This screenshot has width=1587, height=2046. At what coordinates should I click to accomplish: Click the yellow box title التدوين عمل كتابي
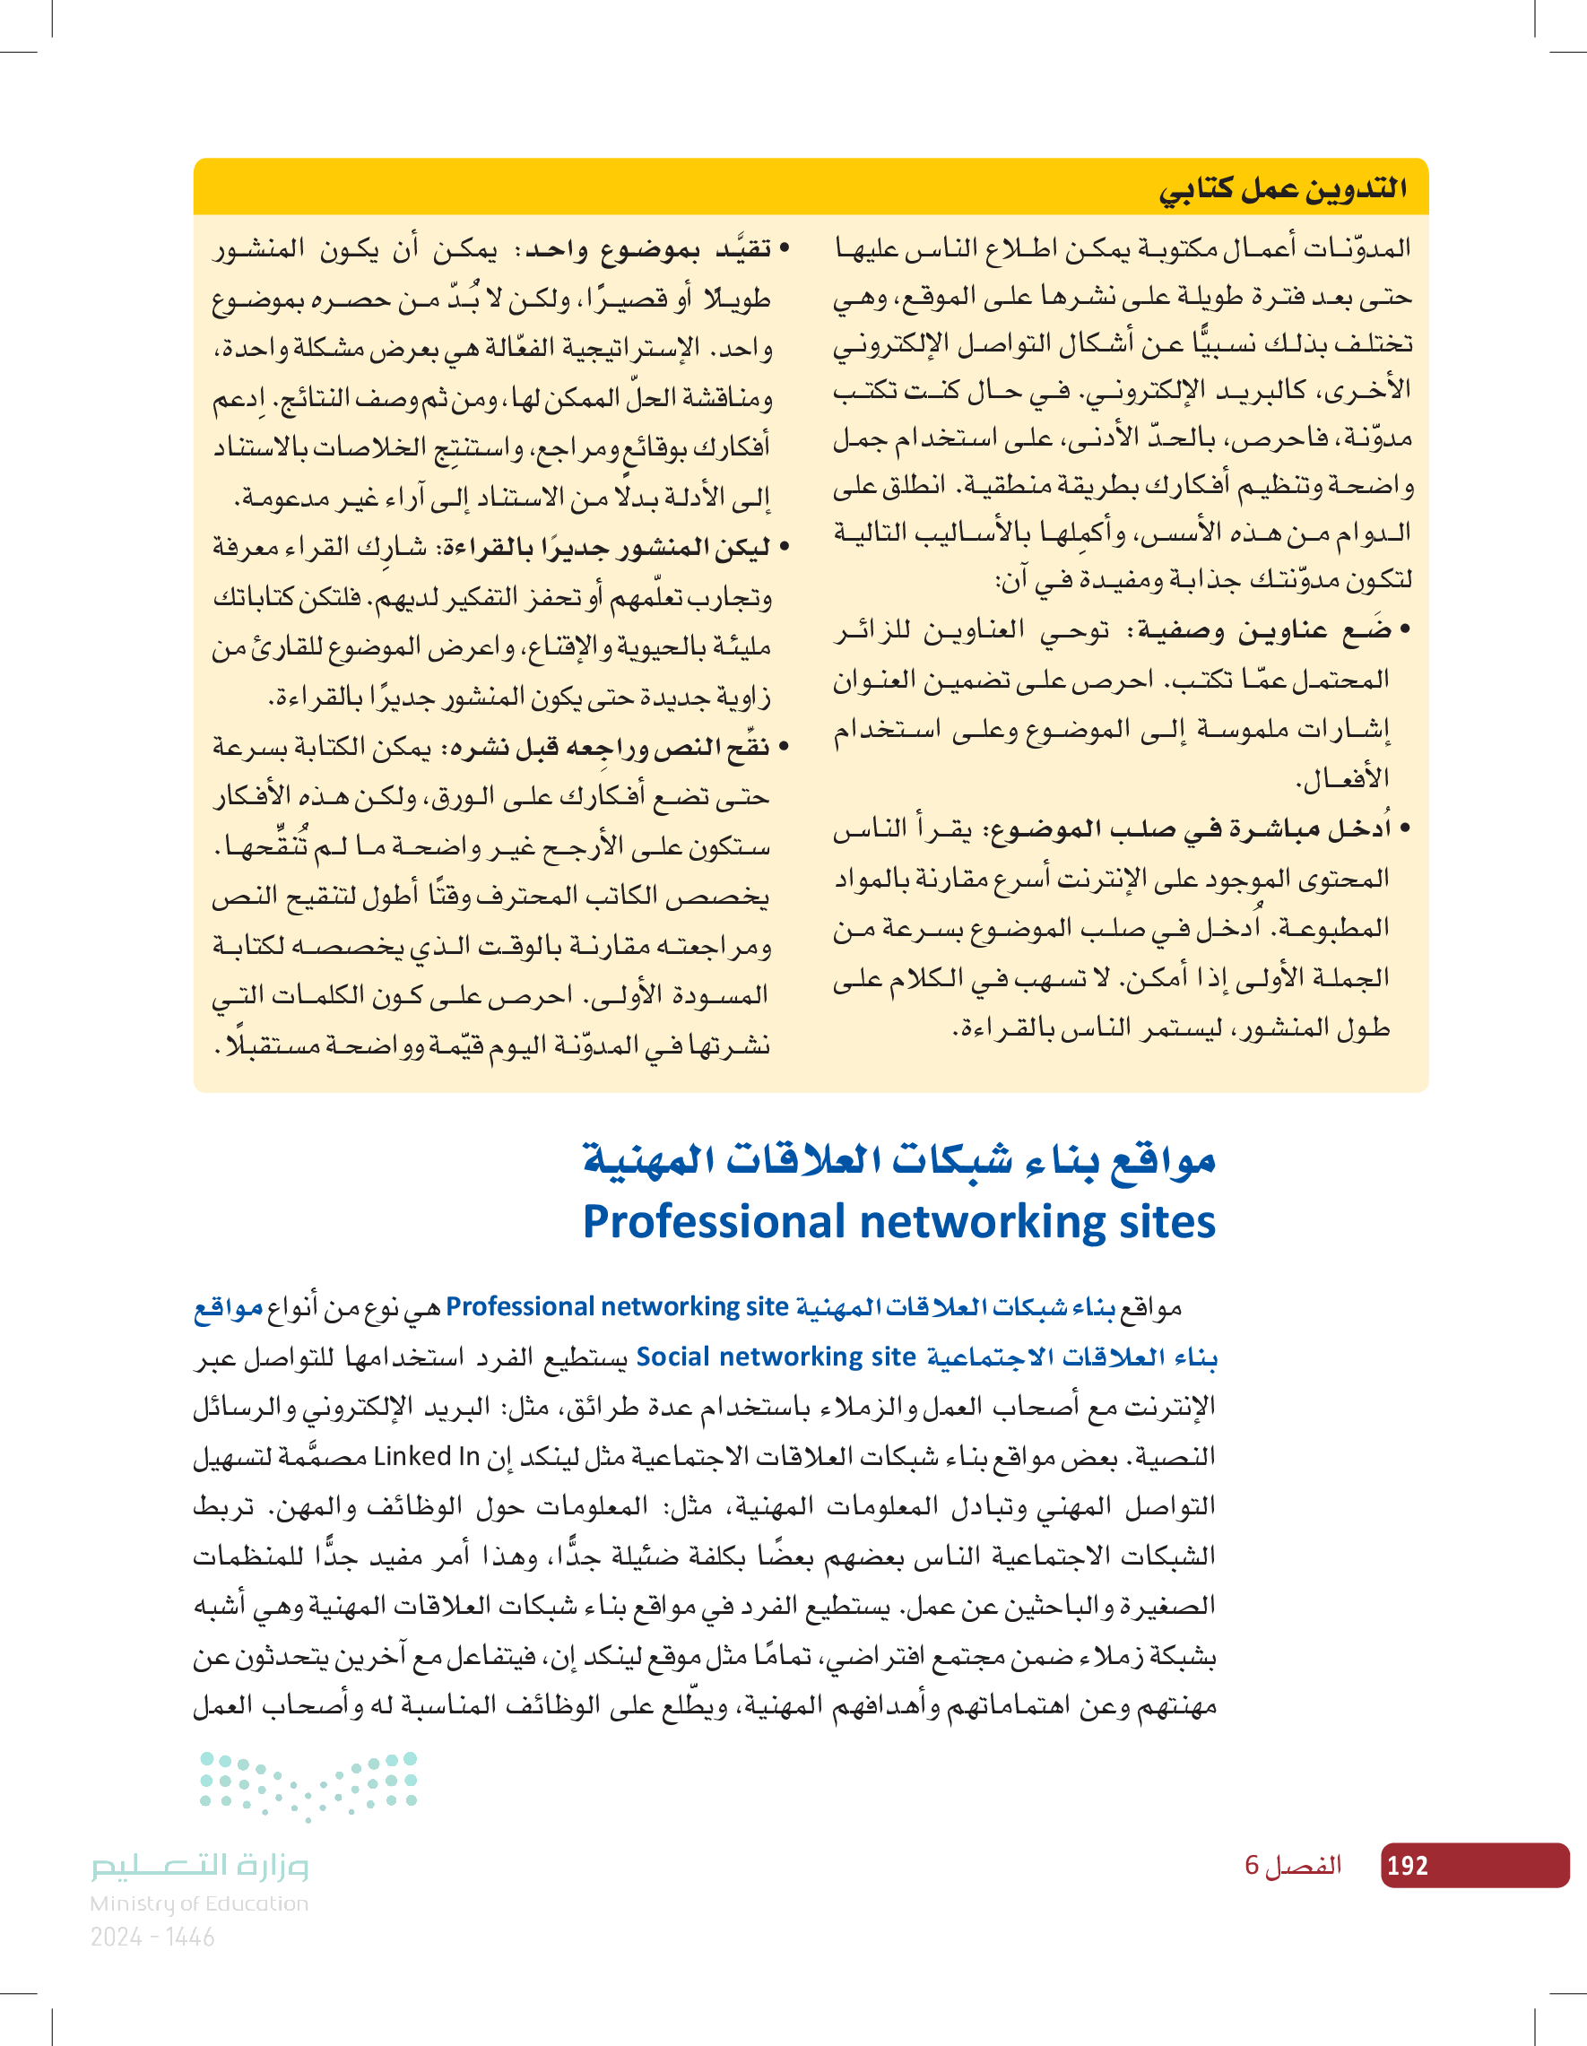pyautogui.click(x=1282, y=188)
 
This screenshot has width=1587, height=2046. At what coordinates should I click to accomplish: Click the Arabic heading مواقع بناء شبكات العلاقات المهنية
pyautogui.click(x=898, y=1160)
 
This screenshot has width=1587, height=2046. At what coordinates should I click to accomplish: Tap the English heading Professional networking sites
pyautogui.click(x=898, y=1222)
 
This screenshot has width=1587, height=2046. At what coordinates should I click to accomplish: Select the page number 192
pyautogui.click(x=1407, y=1865)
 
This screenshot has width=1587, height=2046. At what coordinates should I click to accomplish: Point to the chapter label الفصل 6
pyautogui.click(x=1293, y=1865)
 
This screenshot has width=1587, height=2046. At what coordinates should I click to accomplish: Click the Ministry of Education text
pyautogui.click(x=199, y=1903)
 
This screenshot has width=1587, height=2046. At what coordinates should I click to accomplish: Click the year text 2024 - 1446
pyautogui.click(x=152, y=1938)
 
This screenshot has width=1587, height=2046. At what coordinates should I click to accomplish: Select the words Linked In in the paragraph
pyautogui.click(x=426, y=1457)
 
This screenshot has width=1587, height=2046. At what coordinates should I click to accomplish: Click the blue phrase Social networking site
pyautogui.click(x=776, y=1357)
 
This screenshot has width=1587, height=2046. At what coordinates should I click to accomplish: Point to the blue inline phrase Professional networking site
pyautogui.click(x=618, y=1307)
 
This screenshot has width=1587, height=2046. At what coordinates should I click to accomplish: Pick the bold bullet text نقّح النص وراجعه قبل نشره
pyautogui.click(x=613, y=747)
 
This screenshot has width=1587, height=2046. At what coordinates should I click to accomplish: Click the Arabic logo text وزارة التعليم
pyautogui.click(x=200, y=1865)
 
